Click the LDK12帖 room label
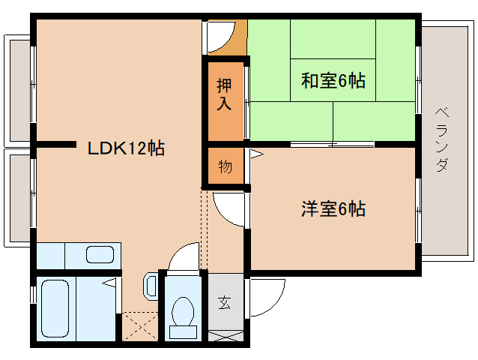pos(126,148)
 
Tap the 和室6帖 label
pos(333,80)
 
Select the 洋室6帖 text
pos(333,209)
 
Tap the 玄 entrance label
pos(225,304)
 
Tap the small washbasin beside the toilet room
pos(150,286)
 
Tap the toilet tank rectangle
pos(181,330)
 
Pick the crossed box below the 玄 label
pos(226,335)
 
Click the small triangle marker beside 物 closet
pos(255,154)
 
